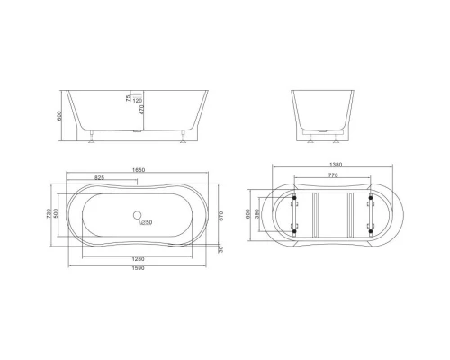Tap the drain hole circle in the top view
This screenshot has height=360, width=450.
coord(138,216)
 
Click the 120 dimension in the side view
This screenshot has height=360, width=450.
coord(139,101)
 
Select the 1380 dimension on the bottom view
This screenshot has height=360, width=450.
coord(336,169)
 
